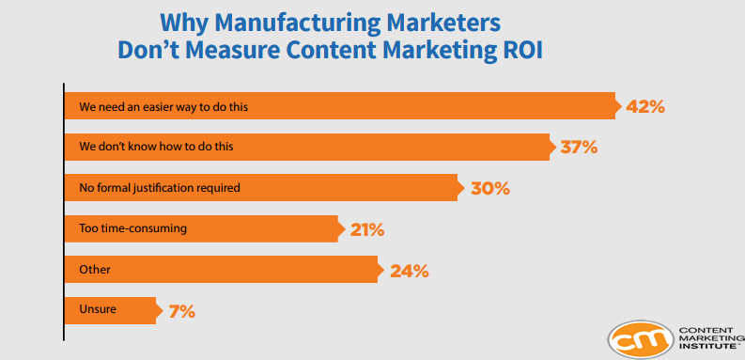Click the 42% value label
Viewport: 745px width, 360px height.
pyautogui.click(x=645, y=106)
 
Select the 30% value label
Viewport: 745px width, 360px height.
pyautogui.click(x=489, y=188)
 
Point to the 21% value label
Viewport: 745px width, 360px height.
pyautogui.click(x=366, y=228)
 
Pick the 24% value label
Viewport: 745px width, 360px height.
pyautogui.click(x=410, y=270)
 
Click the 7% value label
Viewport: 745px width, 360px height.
pyautogui.click(x=182, y=310)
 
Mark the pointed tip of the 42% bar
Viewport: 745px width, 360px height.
pyautogui.click(x=619, y=106)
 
